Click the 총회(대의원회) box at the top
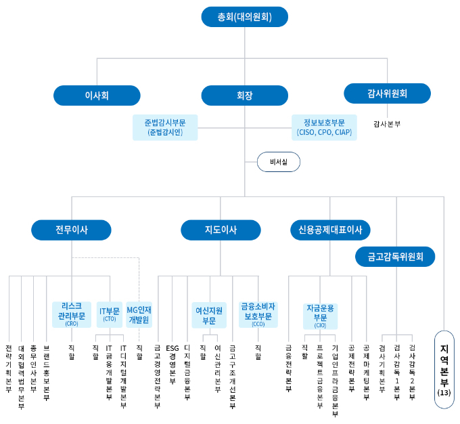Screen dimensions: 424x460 point(245,17)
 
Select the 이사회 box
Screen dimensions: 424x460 point(97,96)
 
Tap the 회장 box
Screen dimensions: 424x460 point(245,96)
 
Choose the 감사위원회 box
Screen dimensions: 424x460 point(387,93)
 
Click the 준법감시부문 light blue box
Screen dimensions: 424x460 point(165,127)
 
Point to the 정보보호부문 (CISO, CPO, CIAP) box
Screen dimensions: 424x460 point(325,127)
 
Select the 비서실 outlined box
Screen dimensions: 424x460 point(279,163)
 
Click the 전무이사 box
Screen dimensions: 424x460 point(72,230)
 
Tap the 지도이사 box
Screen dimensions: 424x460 point(221,230)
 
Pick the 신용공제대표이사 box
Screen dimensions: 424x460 point(330,230)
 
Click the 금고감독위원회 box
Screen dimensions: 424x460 point(396,257)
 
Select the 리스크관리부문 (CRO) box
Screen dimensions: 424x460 point(72,314)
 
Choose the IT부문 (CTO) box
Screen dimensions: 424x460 point(110,314)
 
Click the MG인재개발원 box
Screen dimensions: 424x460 point(139,314)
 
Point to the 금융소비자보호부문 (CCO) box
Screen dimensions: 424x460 point(258,314)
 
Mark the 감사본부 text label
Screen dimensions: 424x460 point(387,124)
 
